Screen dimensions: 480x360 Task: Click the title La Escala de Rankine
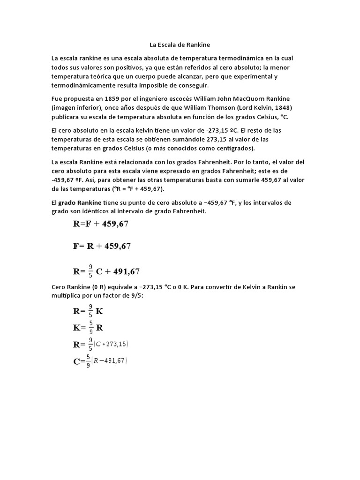coord(180,45)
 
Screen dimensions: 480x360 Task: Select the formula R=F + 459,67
coord(101,224)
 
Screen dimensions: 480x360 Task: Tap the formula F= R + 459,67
coord(102,246)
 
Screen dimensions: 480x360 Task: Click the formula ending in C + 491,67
coord(106,271)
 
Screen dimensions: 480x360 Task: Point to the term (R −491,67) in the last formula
coord(111,361)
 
